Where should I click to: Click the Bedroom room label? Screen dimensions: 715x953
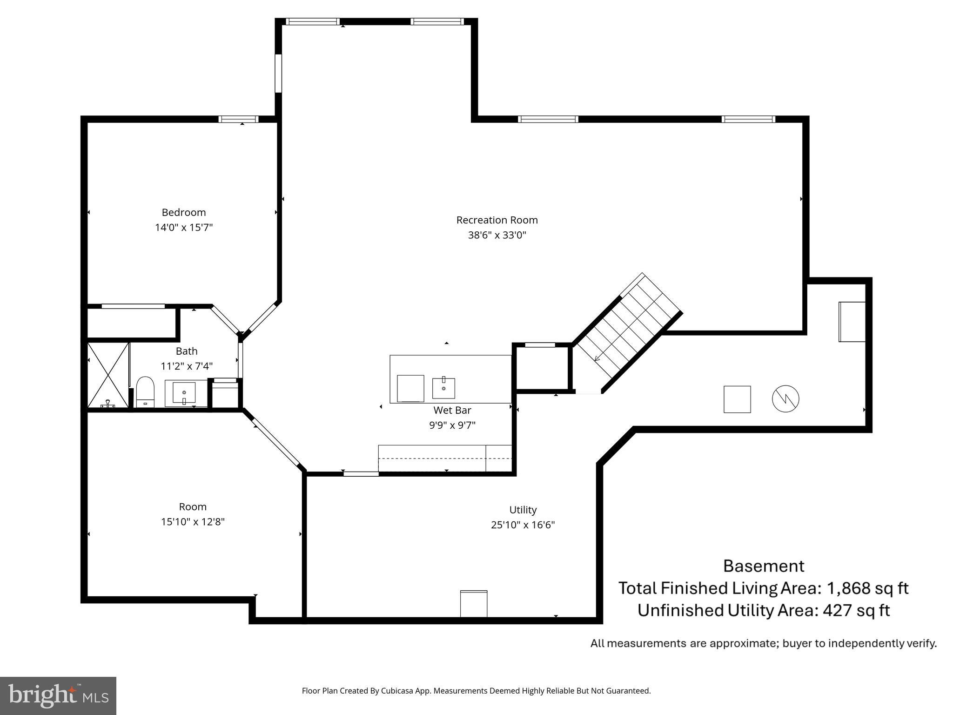click(x=184, y=212)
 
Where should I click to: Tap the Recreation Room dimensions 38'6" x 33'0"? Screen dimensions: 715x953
click(x=497, y=235)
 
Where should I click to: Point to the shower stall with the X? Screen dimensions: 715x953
click(x=108, y=375)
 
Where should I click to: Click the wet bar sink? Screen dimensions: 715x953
click(x=443, y=388)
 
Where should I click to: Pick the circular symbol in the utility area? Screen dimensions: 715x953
click(x=785, y=399)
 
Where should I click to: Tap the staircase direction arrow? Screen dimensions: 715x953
click(x=597, y=357)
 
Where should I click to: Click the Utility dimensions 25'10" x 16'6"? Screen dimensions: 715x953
click(x=523, y=525)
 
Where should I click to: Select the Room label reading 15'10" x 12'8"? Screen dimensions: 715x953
click(x=193, y=522)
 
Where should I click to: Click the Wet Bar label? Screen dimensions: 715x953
click(x=452, y=410)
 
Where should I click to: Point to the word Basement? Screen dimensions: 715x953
click(x=763, y=566)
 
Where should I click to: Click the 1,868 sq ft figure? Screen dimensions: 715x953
click(x=867, y=588)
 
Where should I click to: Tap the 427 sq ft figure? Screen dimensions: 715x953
click(x=856, y=610)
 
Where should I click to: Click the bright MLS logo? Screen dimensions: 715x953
click(x=58, y=696)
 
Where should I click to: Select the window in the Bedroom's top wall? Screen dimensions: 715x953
click(x=238, y=119)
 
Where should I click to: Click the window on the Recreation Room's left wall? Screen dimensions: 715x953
click(x=278, y=74)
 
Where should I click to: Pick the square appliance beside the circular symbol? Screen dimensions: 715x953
click(x=737, y=399)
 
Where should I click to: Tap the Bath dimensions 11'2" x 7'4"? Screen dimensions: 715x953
click(x=187, y=366)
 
